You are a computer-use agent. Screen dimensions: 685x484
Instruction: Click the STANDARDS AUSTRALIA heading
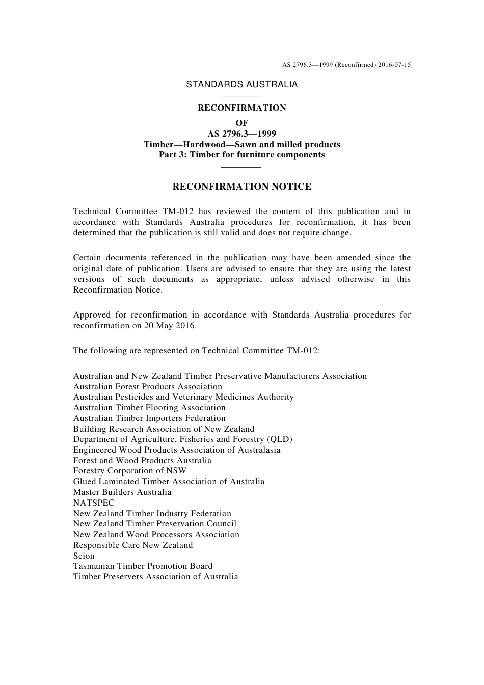pyautogui.click(x=241, y=85)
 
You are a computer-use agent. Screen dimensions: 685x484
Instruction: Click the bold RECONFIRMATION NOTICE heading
pyautogui.click(x=241, y=187)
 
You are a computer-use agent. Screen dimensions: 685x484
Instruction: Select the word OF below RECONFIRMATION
pyautogui.click(x=241, y=123)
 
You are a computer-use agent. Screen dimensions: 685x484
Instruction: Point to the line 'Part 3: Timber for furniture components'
pyautogui.click(x=241, y=155)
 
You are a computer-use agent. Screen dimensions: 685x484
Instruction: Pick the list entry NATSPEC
pyautogui.click(x=94, y=503)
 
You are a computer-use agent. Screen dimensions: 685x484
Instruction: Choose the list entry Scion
pyautogui.click(x=84, y=556)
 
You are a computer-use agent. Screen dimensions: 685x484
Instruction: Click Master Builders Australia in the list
pyautogui.click(x=122, y=492)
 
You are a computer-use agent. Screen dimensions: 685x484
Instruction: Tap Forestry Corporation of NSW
pyautogui.click(x=130, y=471)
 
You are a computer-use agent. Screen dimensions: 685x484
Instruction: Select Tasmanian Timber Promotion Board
pyautogui.click(x=143, y=566)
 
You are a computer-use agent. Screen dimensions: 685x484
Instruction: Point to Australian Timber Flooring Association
pyautogui.click(x=149, y=408)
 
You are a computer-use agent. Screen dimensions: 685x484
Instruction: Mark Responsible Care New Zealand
pyautogui.click(x=133, y=545)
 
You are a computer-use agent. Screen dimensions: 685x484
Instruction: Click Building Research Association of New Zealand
pyautogui.click(x=164, y=429)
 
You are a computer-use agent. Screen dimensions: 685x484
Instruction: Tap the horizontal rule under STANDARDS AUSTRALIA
pyautogui.click(x=241, y=97)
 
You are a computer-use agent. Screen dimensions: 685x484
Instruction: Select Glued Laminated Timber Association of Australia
pyautogui.click(x=169, y=482)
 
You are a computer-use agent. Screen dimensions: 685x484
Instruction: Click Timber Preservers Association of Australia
pyautogui.click(x=155, y=577)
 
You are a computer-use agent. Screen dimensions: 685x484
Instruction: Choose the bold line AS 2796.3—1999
pyautogui.click(x=241, y=134)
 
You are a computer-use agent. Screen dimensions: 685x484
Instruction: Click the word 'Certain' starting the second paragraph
pyautogui.click(x=88, y=258)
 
